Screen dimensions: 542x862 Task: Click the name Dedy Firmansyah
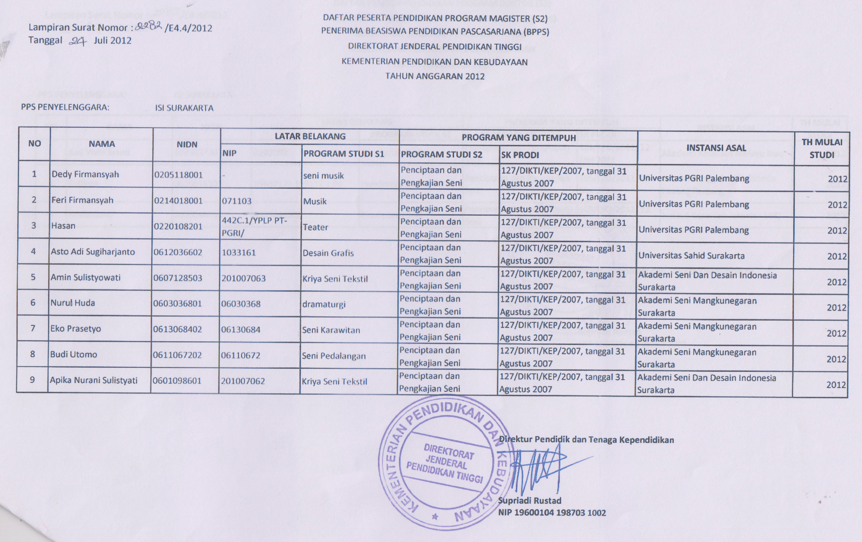tap(85, 174)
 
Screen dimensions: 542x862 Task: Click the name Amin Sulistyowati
tap(86, 278)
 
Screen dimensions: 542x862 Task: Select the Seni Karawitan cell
tap(331, 330)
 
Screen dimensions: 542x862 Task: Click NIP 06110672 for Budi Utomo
tap(241, 355)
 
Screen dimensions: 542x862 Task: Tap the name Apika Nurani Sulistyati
tap(94, 380)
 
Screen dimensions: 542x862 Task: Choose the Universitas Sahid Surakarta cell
tap(692, 256)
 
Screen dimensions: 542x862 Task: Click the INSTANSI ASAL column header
tap(716, 148)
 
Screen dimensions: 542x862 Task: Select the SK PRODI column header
tap(520, 155)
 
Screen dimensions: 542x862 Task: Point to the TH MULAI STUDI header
tap(822, 148)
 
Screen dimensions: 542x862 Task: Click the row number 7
tap(33, 328)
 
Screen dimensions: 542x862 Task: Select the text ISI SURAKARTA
tap(184, 108)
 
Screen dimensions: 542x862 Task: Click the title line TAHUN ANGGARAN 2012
tap(435, 76)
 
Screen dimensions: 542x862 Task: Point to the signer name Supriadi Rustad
tap(530, 500)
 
